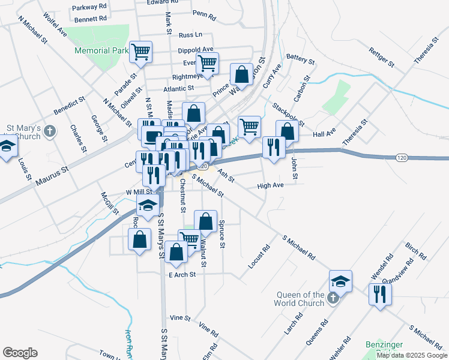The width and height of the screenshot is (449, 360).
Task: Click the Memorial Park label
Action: tap(100, 50)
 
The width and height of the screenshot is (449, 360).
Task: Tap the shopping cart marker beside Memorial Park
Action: tap(141, 52)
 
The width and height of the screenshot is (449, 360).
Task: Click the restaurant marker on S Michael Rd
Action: tap(379, 294)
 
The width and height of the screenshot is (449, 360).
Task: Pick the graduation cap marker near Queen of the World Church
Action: tap(340, 281)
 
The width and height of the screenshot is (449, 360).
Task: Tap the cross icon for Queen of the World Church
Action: tap(334, 298)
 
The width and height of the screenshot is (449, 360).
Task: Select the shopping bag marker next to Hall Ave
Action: tap(287, 131)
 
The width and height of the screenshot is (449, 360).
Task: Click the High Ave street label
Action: tap(270, 185)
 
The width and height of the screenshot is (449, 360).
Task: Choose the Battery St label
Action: tap(301, 59)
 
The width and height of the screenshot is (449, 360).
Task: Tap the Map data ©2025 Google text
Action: tap(412, 355)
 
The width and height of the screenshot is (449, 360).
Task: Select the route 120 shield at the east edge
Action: tap(402, 157)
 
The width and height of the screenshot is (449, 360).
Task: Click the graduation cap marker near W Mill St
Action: tap(147, 206)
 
